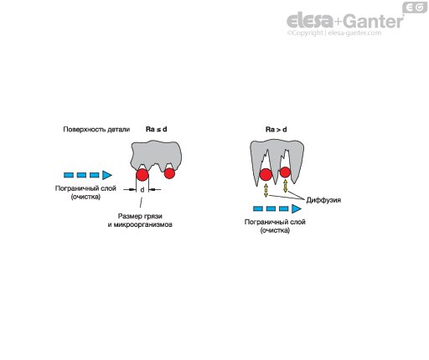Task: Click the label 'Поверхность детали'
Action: tap(96, 130)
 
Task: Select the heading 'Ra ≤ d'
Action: tap(157, 129)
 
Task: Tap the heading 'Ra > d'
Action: tap(276, 130)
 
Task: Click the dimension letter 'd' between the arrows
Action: tap(142, 190)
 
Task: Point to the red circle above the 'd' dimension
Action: tap(142, 175)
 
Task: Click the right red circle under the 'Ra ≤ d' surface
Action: tap(169, 173)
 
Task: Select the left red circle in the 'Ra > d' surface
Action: tap(266, 175)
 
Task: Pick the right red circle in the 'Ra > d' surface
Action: tap(285, 172)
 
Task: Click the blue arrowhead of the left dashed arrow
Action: tap(107, 175)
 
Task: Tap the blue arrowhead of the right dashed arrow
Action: tap(297, 208)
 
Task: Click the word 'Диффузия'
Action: tap(323, 200)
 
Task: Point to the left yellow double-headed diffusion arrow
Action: tap(266, 191)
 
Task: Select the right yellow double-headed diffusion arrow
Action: tap(285, 186)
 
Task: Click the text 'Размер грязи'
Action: tap(140, 216)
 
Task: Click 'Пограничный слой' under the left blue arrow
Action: tap(85, 188)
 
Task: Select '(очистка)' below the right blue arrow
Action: tap(275, 230)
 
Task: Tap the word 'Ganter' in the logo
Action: tap(373, 21)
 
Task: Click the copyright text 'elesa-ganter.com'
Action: tap(354, 33)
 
